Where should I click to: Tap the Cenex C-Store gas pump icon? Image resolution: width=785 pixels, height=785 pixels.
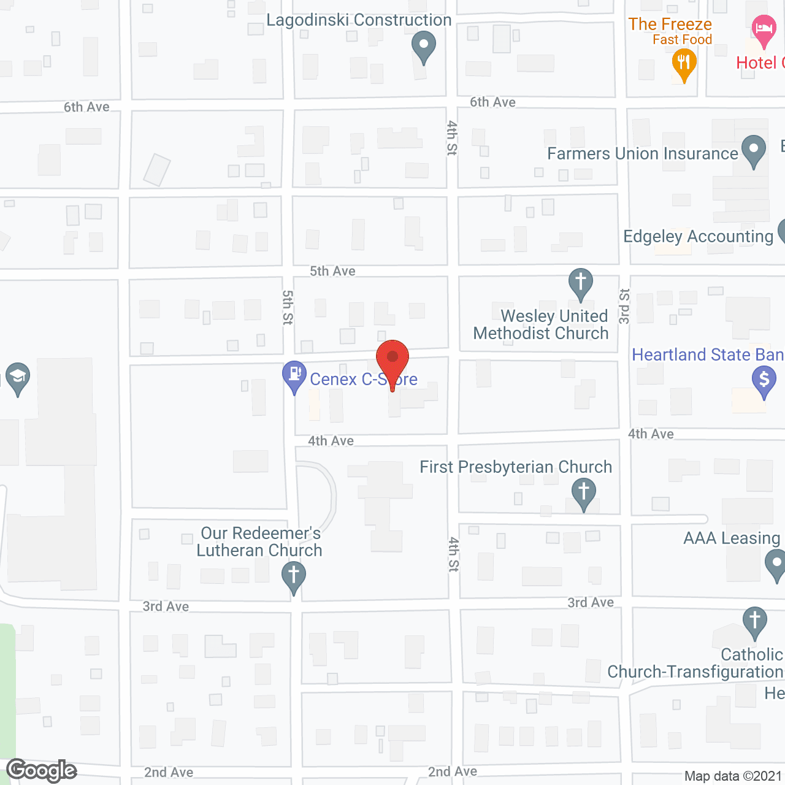coord(294,375)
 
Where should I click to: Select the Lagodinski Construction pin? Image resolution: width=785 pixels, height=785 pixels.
coord(423,46)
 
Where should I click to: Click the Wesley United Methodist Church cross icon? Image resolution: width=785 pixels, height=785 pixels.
coord(581,283)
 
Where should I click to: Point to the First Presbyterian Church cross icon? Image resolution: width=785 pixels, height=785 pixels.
coord(584,493)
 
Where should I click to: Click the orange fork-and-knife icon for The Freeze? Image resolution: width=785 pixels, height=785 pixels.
coord(684,64)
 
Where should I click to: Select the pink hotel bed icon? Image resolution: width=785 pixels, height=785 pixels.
coord(764,29)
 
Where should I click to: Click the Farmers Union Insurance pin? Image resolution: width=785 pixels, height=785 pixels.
coord(754,150)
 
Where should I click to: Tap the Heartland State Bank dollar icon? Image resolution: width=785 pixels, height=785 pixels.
coord(764,380)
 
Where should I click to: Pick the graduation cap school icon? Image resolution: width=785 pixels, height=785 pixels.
coord(18,377)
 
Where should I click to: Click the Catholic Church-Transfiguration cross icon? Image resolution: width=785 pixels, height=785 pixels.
coord(755,621)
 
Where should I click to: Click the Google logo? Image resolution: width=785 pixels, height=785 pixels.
coord(42,770)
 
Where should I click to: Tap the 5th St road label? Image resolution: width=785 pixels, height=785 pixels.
coord(288,307)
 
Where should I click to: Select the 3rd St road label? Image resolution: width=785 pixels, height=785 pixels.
coord(624,306)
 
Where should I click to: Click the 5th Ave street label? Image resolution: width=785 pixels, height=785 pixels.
coord(332,271)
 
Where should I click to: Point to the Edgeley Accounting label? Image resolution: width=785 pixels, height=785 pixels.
coord(698,237)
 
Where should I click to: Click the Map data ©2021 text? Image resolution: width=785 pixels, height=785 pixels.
coord(733,776)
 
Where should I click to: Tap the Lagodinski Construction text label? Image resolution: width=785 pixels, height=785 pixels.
coord(359,20)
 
